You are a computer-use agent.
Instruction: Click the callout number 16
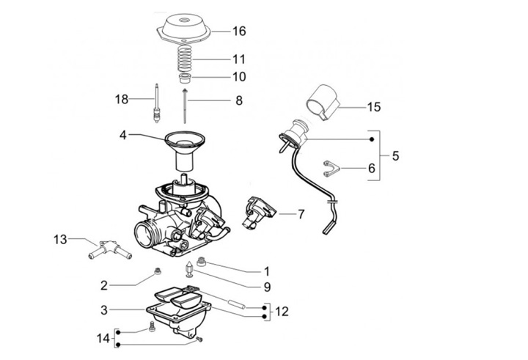tap(239, 31)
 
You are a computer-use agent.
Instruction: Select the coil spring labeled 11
tap(185, 59)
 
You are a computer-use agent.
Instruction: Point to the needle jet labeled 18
tap(156, 103)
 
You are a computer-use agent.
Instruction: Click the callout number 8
tap(239, 100)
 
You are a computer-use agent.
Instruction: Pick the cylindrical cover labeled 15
tap(323, 102)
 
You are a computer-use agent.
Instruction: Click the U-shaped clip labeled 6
tap(331, 169)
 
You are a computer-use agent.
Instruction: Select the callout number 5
tap(395, 156)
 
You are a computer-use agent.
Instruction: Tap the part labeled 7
tap(258, 213)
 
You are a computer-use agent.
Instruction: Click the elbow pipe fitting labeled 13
tap(110, 249)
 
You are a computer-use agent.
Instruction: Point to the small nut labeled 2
tap(157, 271)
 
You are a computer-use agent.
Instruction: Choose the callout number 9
tap(267, 287)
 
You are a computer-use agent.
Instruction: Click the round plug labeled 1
tap(202, 261)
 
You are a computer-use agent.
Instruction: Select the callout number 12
tap(282, 312)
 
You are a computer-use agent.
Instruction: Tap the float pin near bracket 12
tap(237, 302)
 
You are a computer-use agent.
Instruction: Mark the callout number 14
tap(103, 338)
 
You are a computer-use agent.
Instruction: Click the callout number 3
tap(104, 310)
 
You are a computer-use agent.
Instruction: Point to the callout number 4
tap(123, 135)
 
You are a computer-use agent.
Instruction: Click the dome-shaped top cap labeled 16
tap(183, 28)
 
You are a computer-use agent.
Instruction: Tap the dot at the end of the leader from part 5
tap(372, 139)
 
